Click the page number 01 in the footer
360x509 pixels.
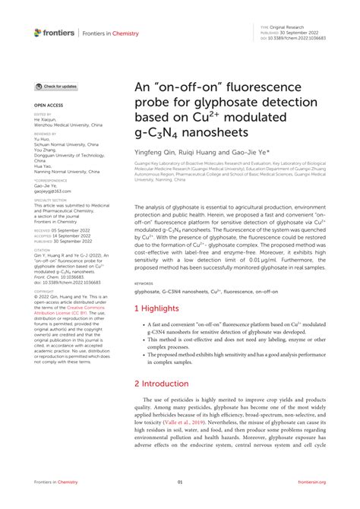(180, 503)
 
